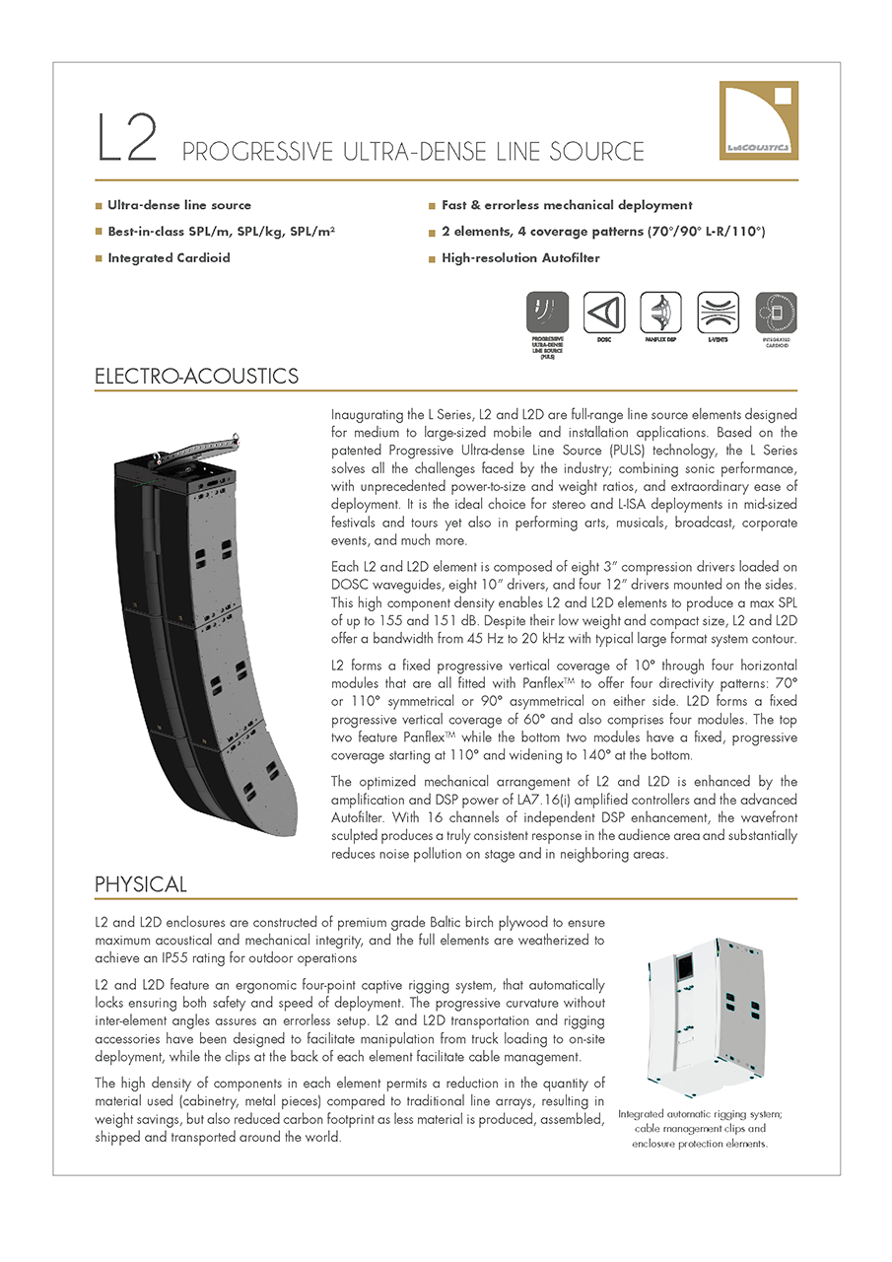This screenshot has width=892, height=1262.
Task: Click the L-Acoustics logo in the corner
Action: pyautogui.click(x=758, y=120)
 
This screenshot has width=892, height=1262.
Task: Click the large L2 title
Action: pyautogui.click(x=127, y=139)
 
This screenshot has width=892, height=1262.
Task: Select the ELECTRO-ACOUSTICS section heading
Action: pyautogui.click(x=196, y=377)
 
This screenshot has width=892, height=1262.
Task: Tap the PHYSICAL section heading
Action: pyautogui.click(x=141, y=884)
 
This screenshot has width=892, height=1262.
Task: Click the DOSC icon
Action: pyautogui.click(x=604, y=314)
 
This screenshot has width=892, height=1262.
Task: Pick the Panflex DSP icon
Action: pyautogui.click(x=660, y=314)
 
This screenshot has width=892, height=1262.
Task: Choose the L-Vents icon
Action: pyautogui.click(x=718, y=314)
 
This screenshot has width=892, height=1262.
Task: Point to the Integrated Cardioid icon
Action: pyautogui.click(x=776, y=314)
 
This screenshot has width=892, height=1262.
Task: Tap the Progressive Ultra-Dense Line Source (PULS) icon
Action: pyautogui.click(x=547, y=314)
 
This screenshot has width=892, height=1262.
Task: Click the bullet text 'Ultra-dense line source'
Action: pyautogui.click(x=179, y=205)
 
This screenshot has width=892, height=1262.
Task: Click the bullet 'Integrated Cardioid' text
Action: pyautogui.click(x=169, y=258)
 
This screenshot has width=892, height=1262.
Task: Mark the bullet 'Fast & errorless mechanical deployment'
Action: pyautogui.click(x=567, y=205)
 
